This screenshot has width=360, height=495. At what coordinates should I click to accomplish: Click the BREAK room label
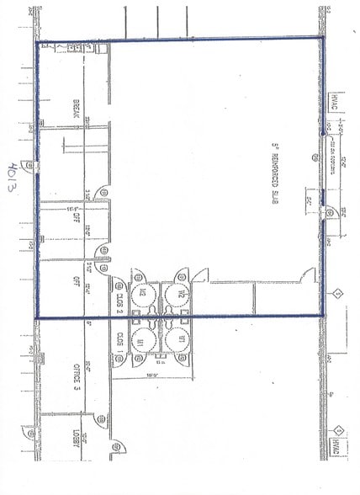click(x=76, y=109)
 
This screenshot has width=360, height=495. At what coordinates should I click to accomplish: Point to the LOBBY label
click(x=76, y=444)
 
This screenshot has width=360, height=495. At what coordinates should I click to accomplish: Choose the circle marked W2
click(x=176, y=294)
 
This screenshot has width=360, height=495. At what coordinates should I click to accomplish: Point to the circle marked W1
click(x=176, y=342)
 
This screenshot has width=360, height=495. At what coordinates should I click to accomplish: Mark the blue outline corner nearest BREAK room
click(x=36, y=42)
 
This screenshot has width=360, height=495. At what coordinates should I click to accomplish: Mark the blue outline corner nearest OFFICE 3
click(x=37, y=317)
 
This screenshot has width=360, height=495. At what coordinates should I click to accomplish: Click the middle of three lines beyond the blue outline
click(x=156, y=19)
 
